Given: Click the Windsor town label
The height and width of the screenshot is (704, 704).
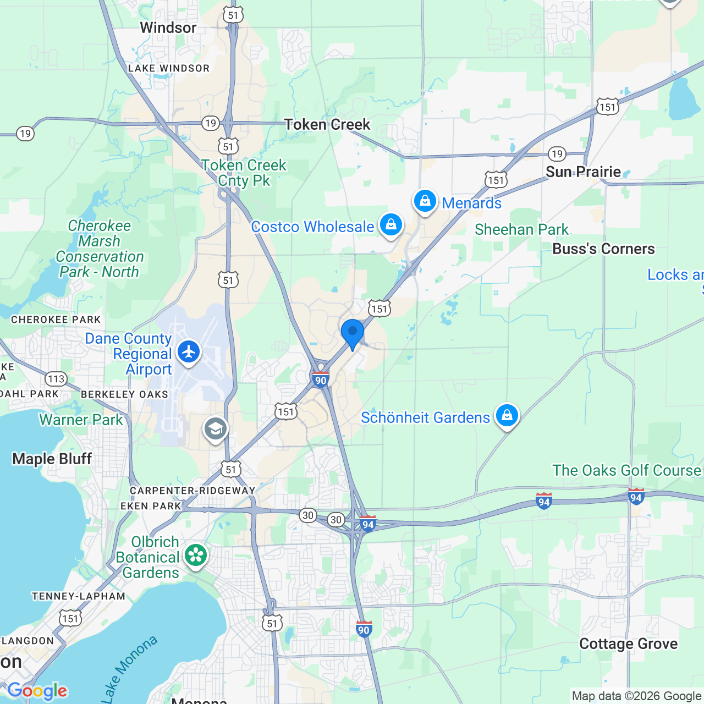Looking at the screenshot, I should tap(168, 28).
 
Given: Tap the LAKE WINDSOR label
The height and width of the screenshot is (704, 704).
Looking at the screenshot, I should tap(169, 68).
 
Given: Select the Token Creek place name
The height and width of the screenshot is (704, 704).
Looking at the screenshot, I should tap(327, 125).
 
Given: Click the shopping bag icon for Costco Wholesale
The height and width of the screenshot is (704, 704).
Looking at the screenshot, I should tap(391, 225).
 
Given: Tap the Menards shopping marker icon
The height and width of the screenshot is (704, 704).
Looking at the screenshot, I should tap(425, 201).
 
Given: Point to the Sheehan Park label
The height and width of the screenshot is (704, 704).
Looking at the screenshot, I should tap(521, 229).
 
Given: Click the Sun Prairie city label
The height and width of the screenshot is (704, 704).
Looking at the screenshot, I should tap(583, 172).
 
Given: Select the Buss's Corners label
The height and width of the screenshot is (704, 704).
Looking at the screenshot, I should tap(603, 249).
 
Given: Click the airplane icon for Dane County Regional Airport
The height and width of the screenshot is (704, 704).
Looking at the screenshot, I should tap(189, 351).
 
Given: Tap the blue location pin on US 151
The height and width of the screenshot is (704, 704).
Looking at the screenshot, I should tap(353, 332).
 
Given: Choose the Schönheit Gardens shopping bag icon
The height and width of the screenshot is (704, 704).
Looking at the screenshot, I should tap(507, 416).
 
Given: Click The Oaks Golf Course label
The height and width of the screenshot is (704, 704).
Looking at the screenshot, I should tap(627, 470).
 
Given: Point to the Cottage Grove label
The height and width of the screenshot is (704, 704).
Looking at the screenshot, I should tap(628, 644).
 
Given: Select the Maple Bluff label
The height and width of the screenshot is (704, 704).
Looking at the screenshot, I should tap(52, 459).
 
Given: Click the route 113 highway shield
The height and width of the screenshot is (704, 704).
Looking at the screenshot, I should tap(56, 379).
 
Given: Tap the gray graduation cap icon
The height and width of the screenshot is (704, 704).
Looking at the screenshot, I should tap(216, 429).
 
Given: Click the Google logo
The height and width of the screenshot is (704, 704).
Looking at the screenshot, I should tap(37, 691).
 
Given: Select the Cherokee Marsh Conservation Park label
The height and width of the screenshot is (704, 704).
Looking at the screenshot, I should tap(100, 249).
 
